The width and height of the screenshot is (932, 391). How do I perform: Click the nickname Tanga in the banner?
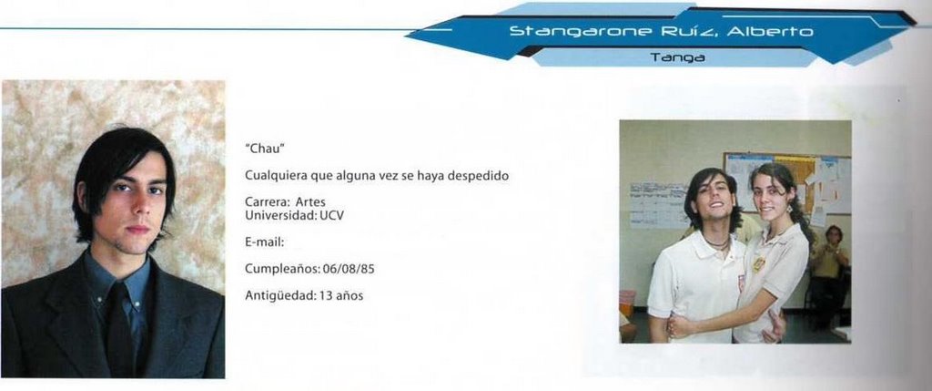coord(677,57)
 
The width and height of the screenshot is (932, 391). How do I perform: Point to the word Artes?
coord(310,202)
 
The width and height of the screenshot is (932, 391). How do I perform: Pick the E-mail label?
coord(265,242)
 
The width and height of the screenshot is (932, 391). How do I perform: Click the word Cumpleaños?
coord(283,270)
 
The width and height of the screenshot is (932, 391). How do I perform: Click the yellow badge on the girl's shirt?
coord(758,263)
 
